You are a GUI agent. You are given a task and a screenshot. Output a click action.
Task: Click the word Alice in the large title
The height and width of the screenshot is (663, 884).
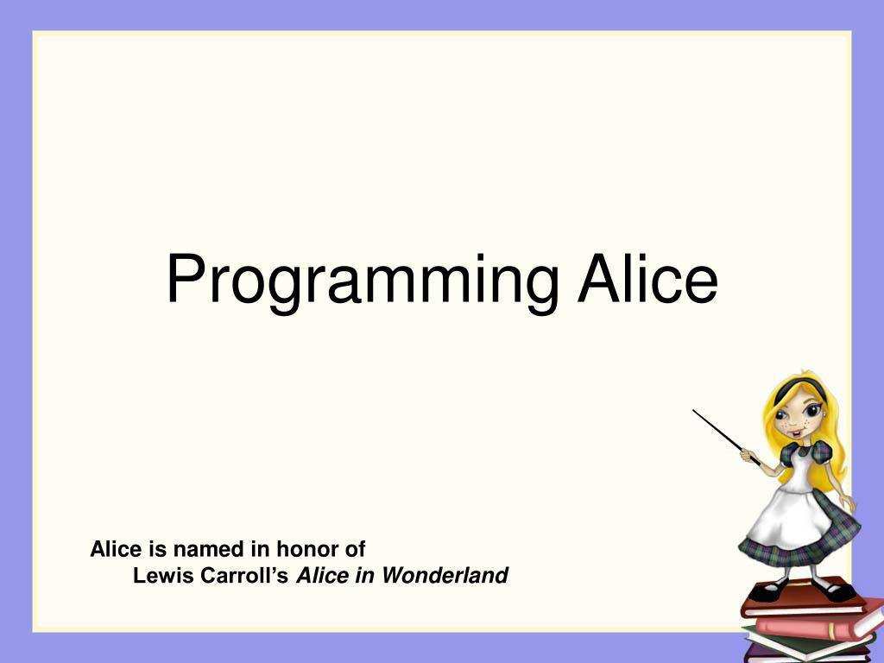(x=647, y=278)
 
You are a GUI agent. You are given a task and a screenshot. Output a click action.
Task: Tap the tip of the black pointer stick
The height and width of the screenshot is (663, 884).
(x=695, y=411)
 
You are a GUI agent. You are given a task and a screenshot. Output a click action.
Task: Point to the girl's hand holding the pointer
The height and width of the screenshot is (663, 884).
(x=748, y=454)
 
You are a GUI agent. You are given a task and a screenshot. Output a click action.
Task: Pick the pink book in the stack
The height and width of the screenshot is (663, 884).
(x=816, y=627)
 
